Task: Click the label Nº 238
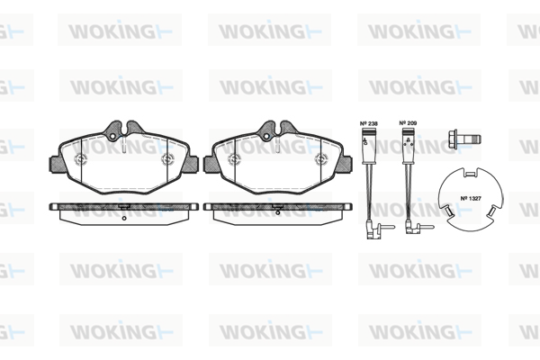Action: pos(368,123)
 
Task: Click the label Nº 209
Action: pos(408,123)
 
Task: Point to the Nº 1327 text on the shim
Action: pos(471,198)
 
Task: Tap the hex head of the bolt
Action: pos(454,139)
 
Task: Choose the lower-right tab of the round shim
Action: pos(493,211)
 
